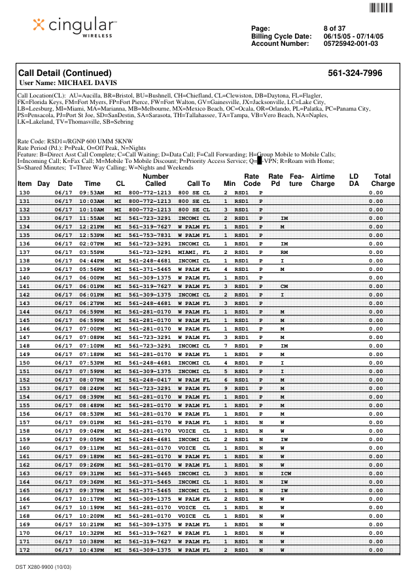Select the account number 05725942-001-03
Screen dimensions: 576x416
click(x=351, y=44)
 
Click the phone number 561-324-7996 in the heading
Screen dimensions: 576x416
click(x=355, y=73)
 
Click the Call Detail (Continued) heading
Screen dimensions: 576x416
click(x=65, y=73)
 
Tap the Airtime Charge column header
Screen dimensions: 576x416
click(x=322, y=180)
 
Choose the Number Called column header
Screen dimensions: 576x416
click(x=156, y=180)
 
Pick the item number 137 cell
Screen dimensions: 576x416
click(x=24, y=252)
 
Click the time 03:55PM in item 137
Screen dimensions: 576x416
click(x=92, y=252)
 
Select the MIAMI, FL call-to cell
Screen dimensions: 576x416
click(x=194, y=252)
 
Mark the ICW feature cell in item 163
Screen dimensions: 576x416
click(x=286, y=473)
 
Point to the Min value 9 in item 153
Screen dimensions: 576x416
click(x=226, y=388)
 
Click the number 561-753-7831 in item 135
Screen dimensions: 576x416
click(x=150, y=235)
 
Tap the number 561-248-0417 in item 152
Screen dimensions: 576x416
click(x=150, y=380)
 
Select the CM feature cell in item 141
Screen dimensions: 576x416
click(x=284, y=286)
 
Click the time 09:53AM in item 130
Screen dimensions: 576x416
click(x=92, y=192)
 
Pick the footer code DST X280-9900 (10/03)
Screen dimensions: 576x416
click(x=43, y=566)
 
